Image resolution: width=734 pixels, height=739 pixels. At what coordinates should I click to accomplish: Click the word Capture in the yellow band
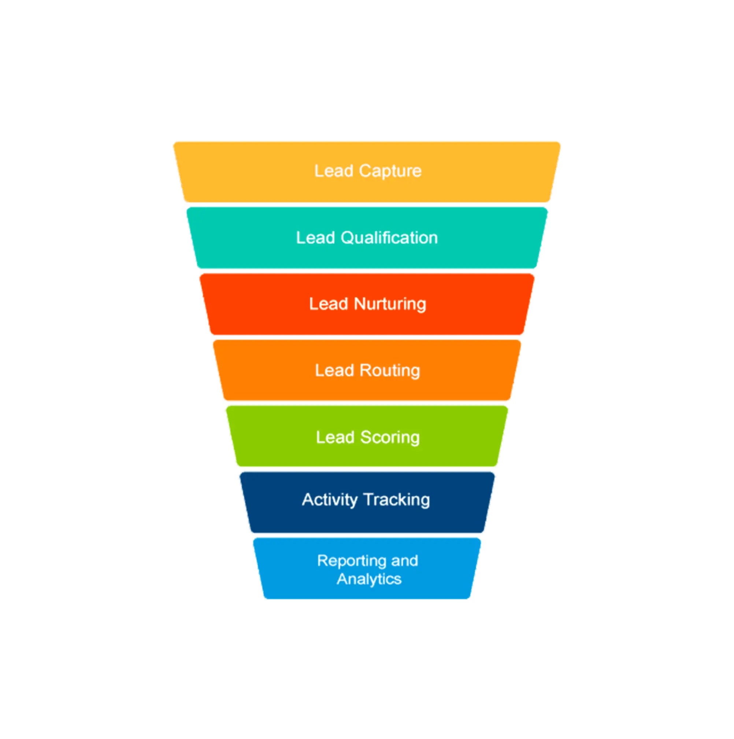coord(390,171)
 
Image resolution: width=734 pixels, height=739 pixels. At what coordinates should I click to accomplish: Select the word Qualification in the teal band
coord(389,238)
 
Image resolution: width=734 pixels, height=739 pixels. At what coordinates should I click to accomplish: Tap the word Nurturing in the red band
coord(390,304)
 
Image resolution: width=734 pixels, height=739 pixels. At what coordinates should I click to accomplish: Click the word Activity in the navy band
coord(330,500)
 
